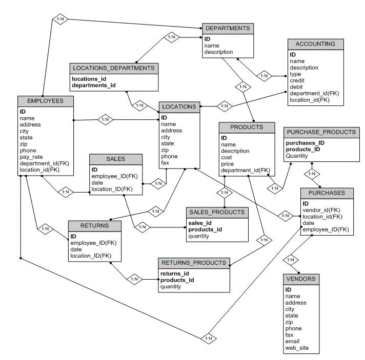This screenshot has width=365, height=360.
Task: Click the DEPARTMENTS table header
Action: click(x=228, y=29)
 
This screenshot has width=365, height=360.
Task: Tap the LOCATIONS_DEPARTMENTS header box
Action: click(x=114, y=68)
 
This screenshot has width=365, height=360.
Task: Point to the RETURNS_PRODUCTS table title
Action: click(x=194, y=263)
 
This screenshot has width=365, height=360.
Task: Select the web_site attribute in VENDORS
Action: click(x=297, y=349)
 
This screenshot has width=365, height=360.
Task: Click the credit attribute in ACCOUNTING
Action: click(x=297, y=81)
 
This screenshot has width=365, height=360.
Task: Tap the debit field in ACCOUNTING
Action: click(x=296, y=87)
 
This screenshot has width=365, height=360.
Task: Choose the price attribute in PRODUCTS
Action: click(x=228, y=164)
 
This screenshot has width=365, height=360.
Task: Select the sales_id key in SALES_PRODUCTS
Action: click(x=199, y=223)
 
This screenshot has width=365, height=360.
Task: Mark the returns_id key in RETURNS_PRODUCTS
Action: click(x=174, y=273)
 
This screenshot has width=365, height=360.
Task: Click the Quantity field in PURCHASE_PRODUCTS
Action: click(x=297, y=156)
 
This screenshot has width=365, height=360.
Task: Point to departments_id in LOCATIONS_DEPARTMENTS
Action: click(x=93, y=86)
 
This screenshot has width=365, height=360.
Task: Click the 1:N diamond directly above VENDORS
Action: click(x=290, y=260)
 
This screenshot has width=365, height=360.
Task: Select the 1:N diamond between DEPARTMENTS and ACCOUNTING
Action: click(x=264, y=76)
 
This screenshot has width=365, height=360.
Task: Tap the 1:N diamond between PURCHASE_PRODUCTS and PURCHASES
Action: click(x=311, y=174)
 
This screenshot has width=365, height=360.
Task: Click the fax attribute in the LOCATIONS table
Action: click(x=166, y=163)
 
